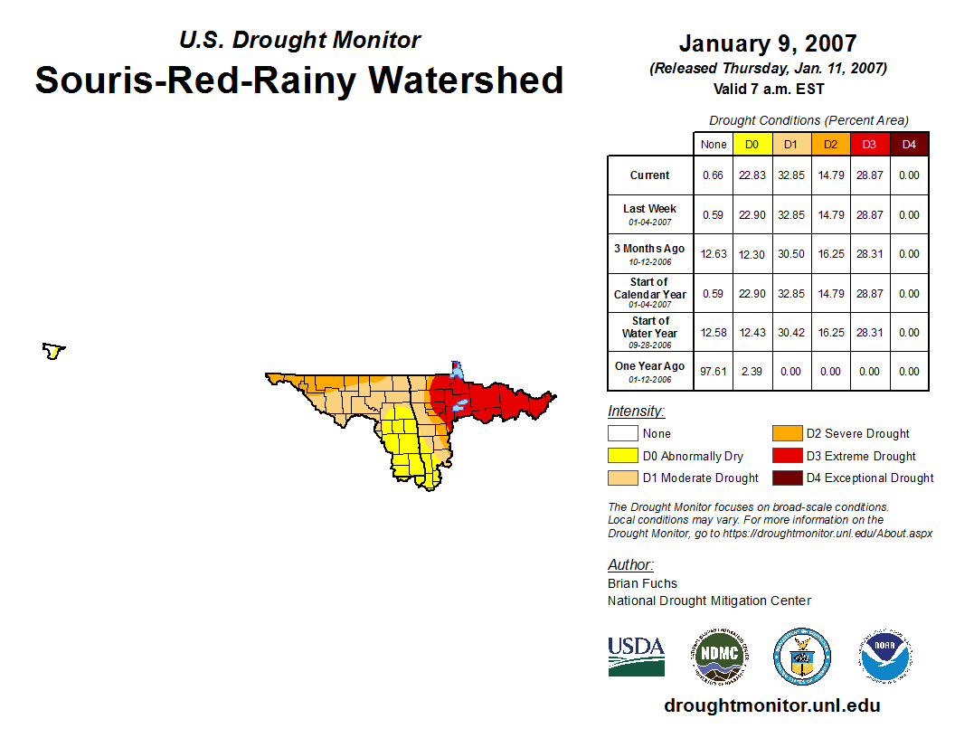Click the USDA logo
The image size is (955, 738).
click(x=636, y=656)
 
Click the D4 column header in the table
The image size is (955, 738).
click(x=909, y=145)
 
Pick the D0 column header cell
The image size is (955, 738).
click(x=752, y=145)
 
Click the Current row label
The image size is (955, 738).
click(x=649, y=175)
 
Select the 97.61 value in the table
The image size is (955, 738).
click(x=713, y=371)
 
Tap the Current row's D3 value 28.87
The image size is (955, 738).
click(x=869, y=175)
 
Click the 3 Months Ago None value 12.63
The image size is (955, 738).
click(x=713, y=254)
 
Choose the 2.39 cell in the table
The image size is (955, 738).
click(x=752, y=371)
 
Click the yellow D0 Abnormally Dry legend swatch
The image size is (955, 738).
click(x=622, y=456)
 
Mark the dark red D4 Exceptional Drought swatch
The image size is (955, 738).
click(x=786, y=478)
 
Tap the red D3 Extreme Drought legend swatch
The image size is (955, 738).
click(x=786, y=456)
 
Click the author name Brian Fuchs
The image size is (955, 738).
click(x=642, y=583)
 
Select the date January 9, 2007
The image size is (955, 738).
click(x=767, y=43)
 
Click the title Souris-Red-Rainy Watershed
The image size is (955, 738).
click(x=299, y=80)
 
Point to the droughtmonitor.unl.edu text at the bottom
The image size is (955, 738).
click(x=771, y=705)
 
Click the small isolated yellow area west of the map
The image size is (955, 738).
click(x=54, y=351)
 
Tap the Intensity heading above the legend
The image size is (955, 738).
click(x=636, y=412)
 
